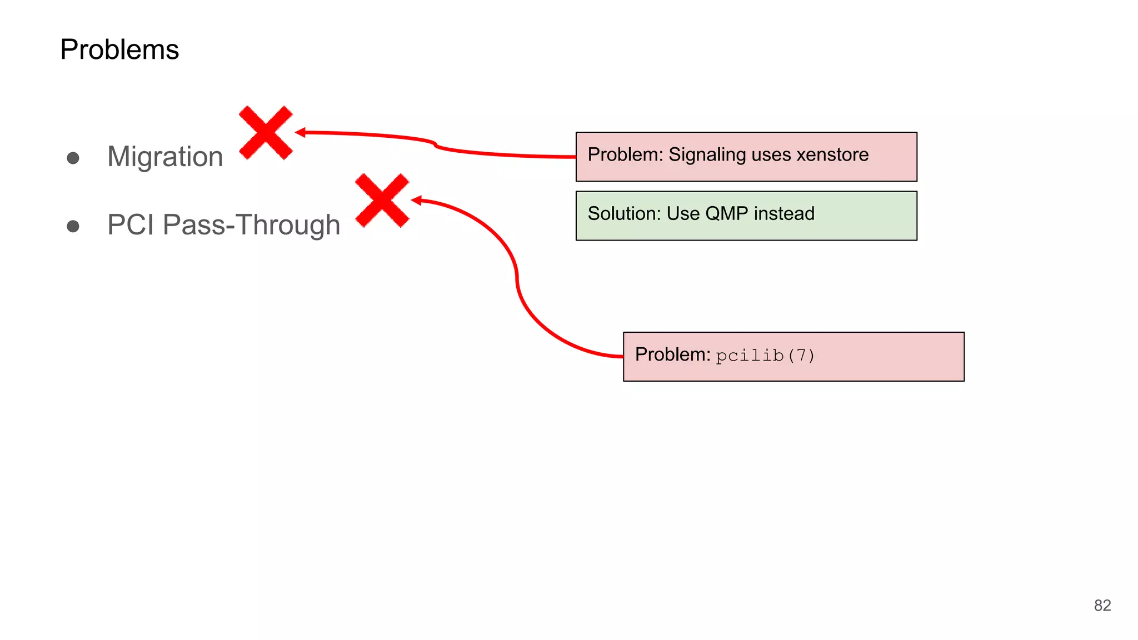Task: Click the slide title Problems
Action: coord(119,49)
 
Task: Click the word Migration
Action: coord(165,157)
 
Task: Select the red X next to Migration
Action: coord(266,133)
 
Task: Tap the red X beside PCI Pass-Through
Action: coord(382,201)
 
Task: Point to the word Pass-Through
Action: coord(252,225)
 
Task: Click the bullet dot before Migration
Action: coord(73,158)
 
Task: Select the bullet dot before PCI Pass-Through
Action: coord(73,227)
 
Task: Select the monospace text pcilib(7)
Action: coord(765,356)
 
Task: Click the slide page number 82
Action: coord(1102,606)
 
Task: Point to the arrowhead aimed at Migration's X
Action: coord(301,132)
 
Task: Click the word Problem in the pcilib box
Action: coord(671,354)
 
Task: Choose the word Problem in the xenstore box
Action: coord(623,154)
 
